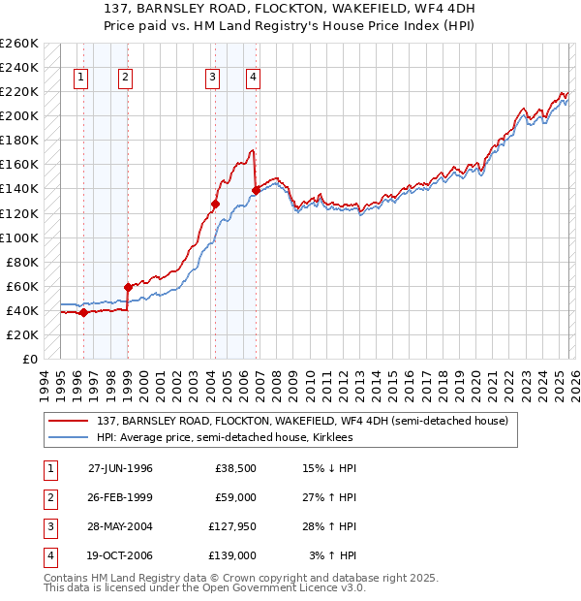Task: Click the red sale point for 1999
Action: coord(128,287)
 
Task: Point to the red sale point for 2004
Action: coord(215,204)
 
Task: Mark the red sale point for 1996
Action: coord(84,312)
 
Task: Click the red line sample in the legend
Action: coord(70,420)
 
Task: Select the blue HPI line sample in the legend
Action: coord(70,437)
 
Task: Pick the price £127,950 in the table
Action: coord(229,528)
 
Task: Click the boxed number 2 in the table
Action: coord(47,498)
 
